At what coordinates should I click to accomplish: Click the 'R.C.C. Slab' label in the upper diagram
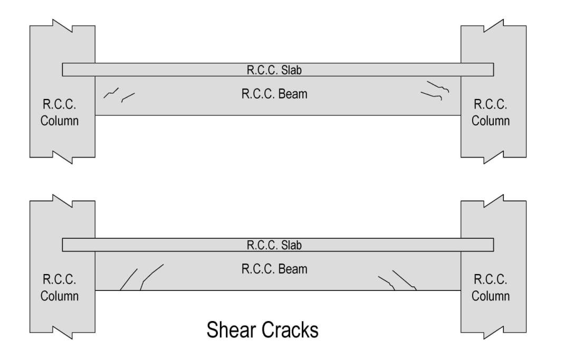click(x=274, y=70)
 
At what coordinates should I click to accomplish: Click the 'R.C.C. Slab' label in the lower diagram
click(x=274, y=245)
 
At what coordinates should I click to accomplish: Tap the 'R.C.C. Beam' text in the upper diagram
click(x=274, y=95)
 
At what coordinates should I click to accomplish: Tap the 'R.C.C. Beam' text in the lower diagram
click(x=274, y=269)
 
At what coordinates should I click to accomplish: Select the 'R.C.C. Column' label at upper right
click(x=491, y=112)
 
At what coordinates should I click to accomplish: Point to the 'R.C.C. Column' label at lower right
click(x=491, y=287)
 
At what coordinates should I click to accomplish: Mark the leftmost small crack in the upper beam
click(x=111, y=93)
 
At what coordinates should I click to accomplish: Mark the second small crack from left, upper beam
click(x=128, y=97)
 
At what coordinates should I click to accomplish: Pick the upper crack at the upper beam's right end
click(x=439, y=86)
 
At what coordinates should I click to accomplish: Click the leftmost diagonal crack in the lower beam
click(x=129, y=279)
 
